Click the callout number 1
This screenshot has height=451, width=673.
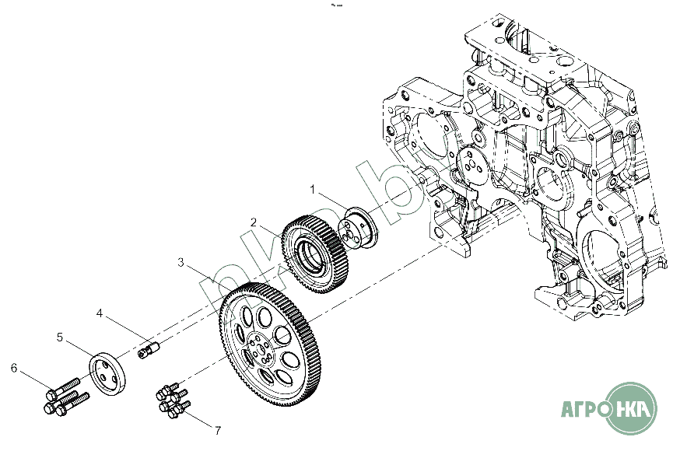click(x=313, y=189)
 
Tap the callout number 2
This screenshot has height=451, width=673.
click(x=253, y=222)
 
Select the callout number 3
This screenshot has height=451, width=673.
click(x=181, y=263)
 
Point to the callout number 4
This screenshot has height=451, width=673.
click(x=100, y=313)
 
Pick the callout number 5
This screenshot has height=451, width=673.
click(x=59, y=337)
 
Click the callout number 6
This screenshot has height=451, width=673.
click(x=13, y=366)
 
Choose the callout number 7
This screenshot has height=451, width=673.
click(x=218, y=429)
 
